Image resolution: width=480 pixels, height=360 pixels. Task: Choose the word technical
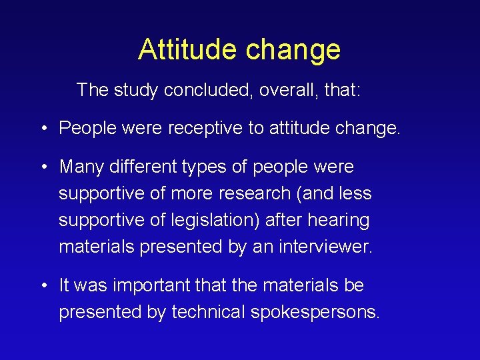point(209,312)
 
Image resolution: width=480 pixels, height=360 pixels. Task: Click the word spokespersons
point(315,312)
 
